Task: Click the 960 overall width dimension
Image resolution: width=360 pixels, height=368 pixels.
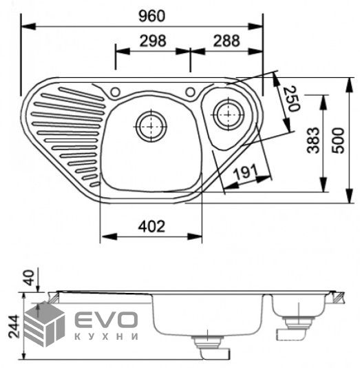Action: [x=152, y=16]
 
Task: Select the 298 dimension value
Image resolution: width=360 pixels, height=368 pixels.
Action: [x=153, y=41]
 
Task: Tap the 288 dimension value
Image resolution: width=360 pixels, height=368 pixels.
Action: [x=226, y=41]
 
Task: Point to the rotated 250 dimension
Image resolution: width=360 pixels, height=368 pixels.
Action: [x=291, y=99]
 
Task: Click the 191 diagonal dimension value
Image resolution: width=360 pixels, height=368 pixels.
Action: [x=246, y=172]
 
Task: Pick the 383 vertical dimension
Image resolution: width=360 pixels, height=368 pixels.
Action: [x=313, y=141]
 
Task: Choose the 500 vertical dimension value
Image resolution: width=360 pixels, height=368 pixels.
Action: [x=339, y=141]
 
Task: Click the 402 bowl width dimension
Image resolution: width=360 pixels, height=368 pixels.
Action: [x=151, y=227]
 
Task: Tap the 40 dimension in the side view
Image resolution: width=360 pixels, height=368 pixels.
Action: [x=30, y=278]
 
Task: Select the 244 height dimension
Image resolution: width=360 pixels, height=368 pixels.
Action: [x=13, y=326]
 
